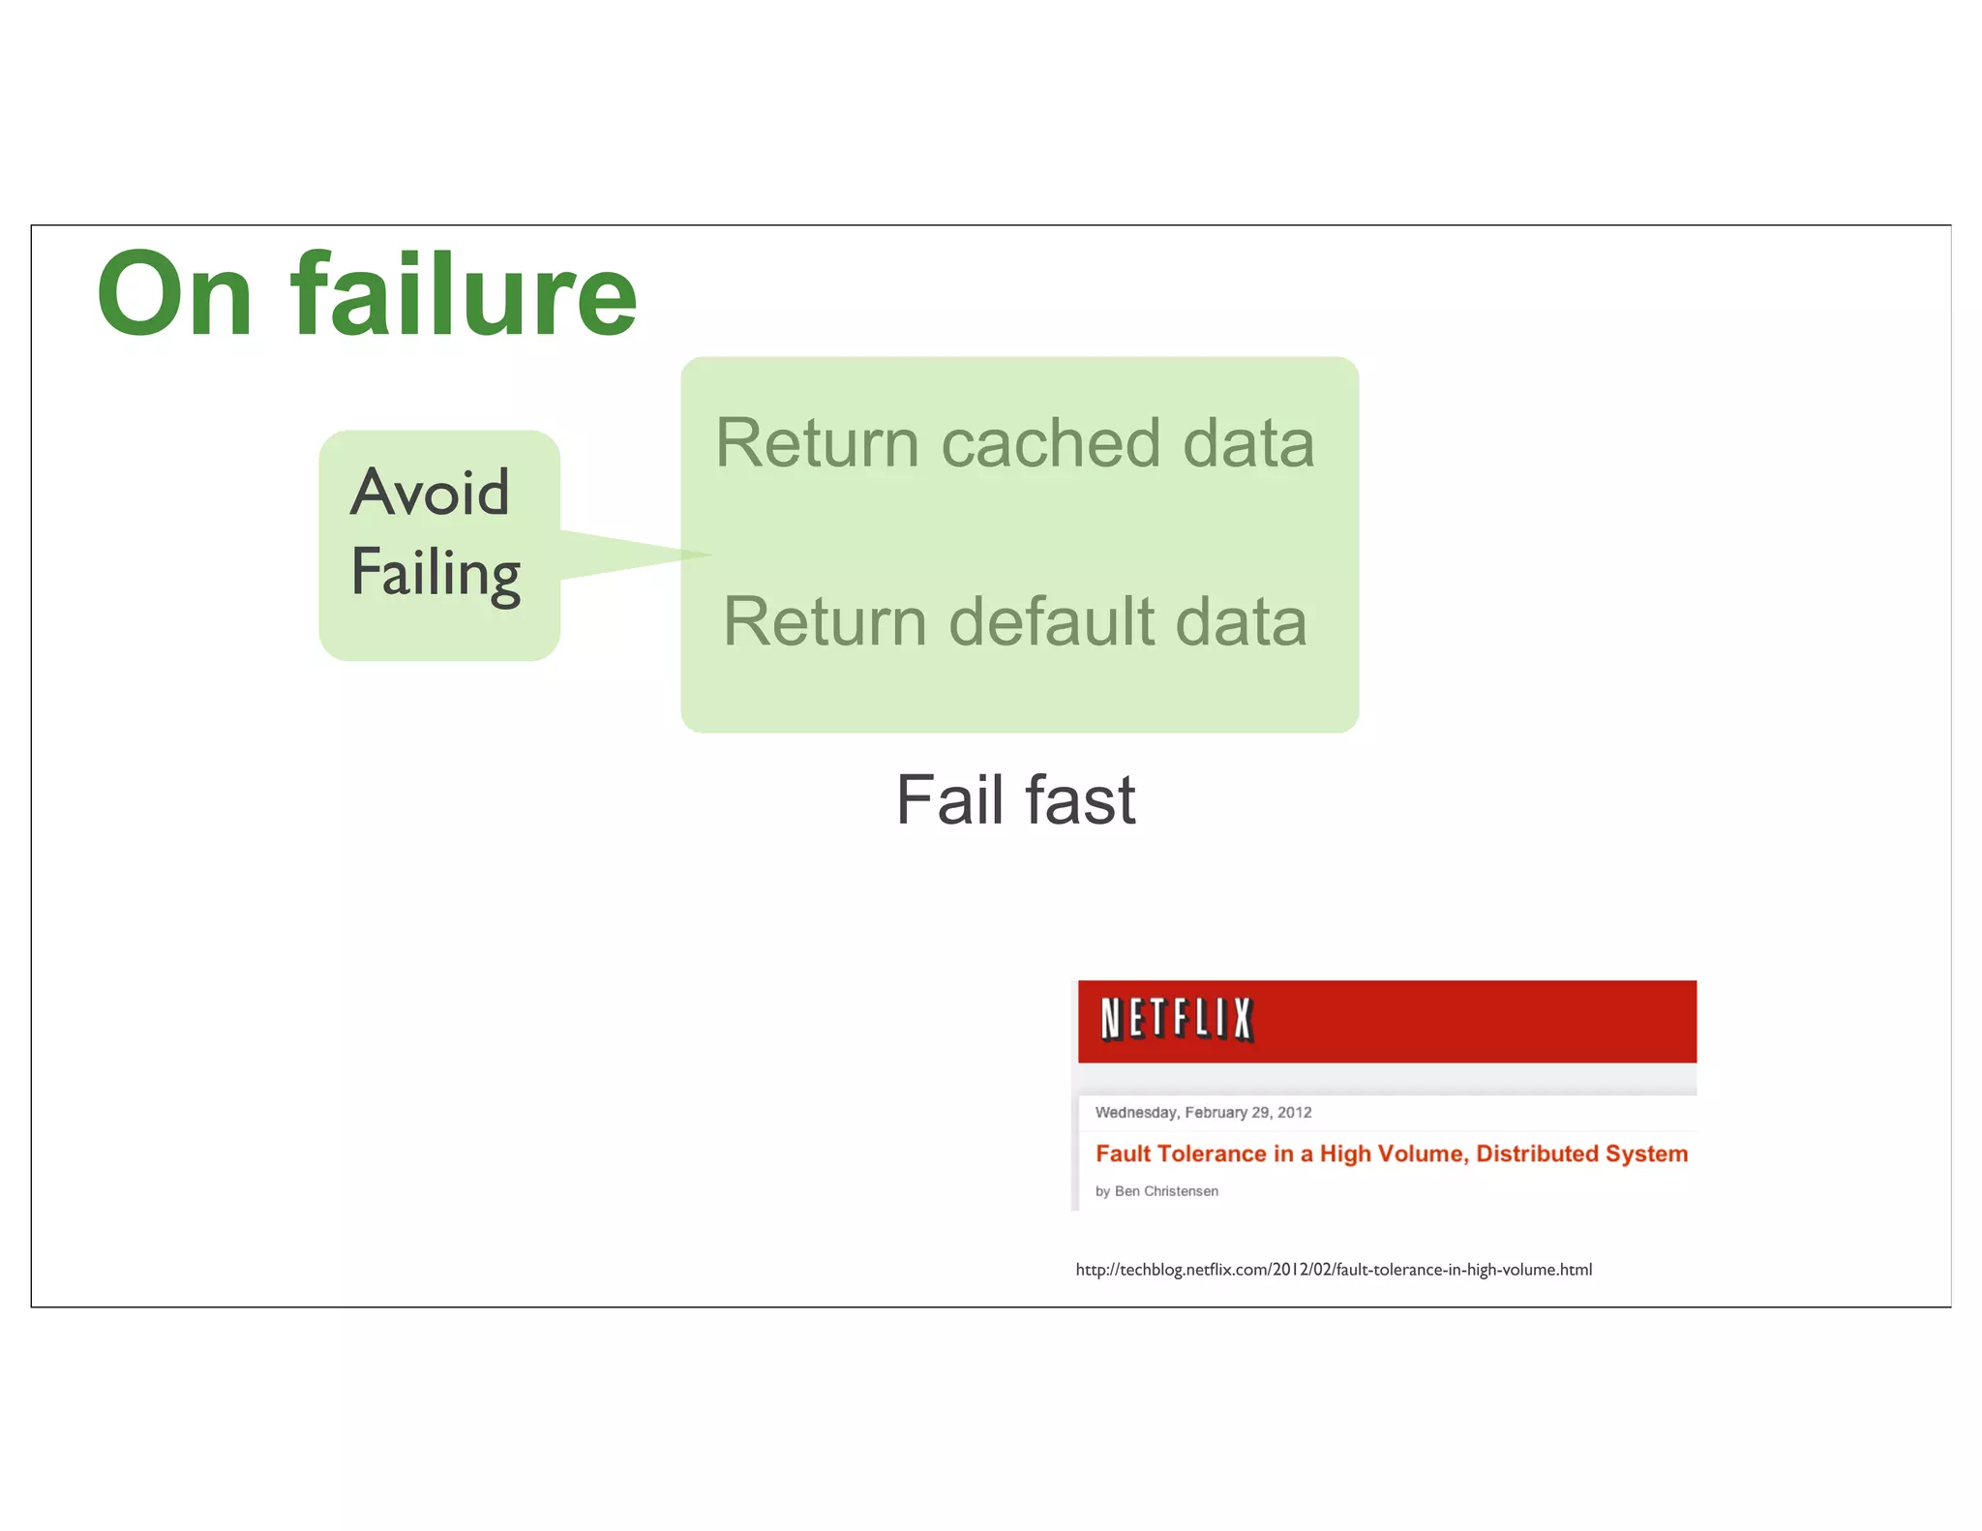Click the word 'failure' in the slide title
click(465, 294)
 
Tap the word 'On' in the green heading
click(175, 294)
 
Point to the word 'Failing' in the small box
click(435, 573)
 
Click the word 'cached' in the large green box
click(1049, 443)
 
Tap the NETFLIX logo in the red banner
click(1177, 1020)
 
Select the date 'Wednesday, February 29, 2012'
click(1203, 1112)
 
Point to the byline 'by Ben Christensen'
click(1156, 1191)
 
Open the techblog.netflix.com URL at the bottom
click(1334, 1270)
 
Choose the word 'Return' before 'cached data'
click(817, 443)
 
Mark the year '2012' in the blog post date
click(1294, 1112)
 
